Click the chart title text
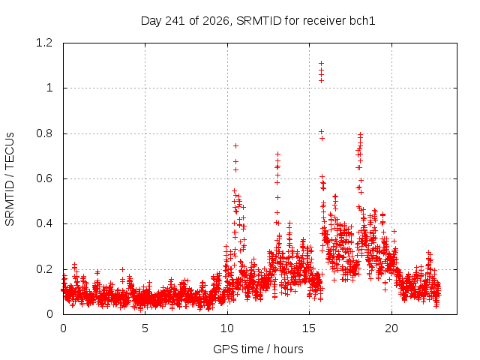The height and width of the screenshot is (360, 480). coord(258,21)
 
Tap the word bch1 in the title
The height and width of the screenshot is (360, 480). coord(362,21)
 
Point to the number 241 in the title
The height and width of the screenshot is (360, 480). coord(175,21)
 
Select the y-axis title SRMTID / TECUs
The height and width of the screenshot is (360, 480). coord(10,179)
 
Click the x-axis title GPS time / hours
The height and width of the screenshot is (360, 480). coord(258,349)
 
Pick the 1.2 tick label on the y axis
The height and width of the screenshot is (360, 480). coord(44,43)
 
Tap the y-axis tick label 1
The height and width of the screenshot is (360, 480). coord(49,88)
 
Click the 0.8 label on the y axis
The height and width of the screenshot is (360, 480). coord(44,133)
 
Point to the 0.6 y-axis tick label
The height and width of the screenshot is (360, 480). coord(44,178)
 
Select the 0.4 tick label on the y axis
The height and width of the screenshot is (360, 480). coord(44,223)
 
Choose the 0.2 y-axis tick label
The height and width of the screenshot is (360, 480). coord(44,269)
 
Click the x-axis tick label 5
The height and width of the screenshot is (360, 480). coord(145,328)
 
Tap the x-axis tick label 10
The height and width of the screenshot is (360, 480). coord(227,328)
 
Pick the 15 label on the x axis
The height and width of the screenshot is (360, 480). coord(309,328)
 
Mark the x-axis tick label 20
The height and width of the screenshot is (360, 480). coord(391,328)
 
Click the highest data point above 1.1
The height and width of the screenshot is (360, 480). coord(322,63)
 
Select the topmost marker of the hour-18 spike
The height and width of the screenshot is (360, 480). coord(361,134)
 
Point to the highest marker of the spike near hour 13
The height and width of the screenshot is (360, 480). coord(278,154)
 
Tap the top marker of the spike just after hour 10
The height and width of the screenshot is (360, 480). coord(235,146)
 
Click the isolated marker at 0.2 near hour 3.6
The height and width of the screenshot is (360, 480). coord(122,270)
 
